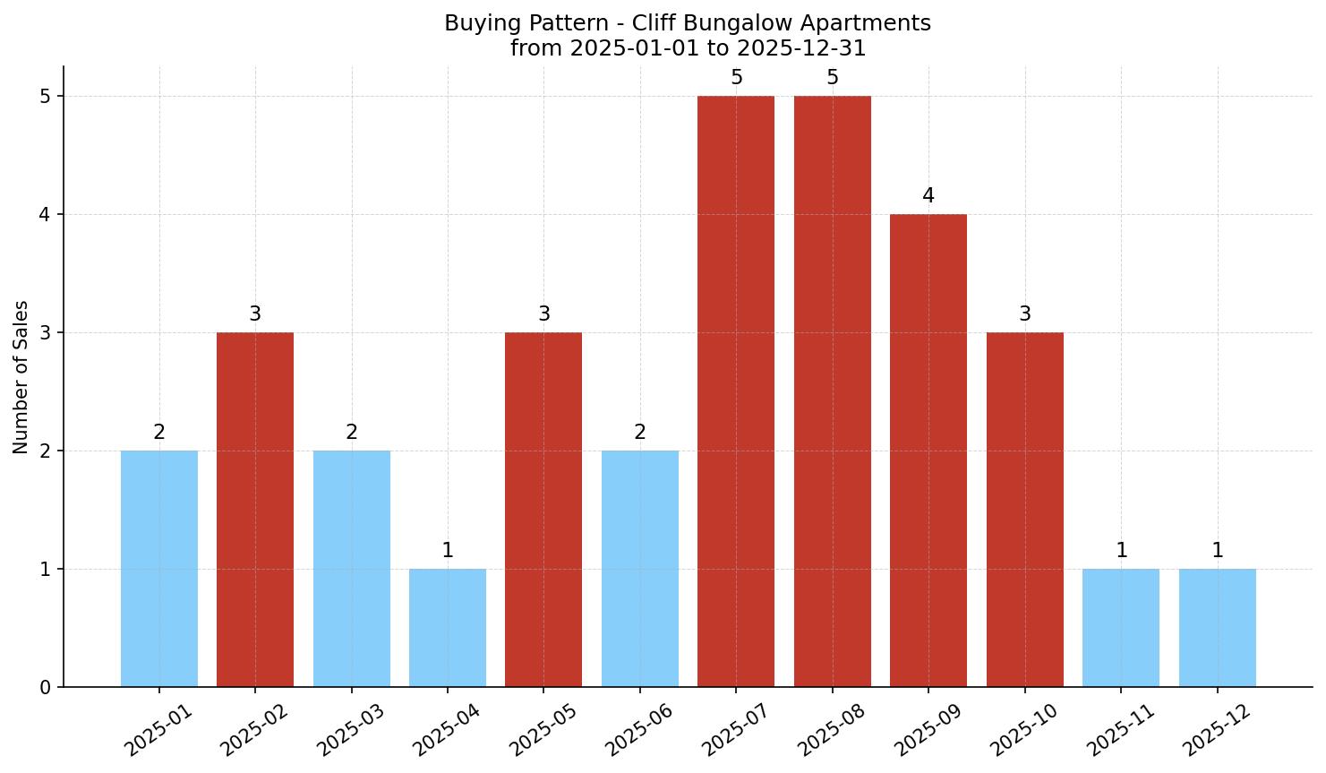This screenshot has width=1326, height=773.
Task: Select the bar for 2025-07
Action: click(736, 391)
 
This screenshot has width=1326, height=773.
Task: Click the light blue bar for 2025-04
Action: click(448, 627)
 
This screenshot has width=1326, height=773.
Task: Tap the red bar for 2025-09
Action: click(928, 450)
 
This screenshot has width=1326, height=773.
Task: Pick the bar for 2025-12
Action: click(1217, 627)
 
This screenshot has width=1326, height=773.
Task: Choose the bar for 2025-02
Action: click(255, 509)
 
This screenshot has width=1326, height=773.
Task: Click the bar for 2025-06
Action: click(640, 568)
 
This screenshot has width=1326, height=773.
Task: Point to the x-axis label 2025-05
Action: click(542, 729)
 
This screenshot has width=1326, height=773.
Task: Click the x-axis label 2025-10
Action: click(1022, 729)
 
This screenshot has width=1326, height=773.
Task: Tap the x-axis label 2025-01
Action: click(158, 729)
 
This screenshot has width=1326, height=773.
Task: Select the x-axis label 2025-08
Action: click(830, 729)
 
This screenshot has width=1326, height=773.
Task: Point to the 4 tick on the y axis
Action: click(46, 215)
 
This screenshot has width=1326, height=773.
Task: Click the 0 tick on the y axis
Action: click(46, 688)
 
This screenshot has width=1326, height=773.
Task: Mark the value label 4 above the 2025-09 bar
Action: click(928, 196)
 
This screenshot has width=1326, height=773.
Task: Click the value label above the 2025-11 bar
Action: click(1121, 551)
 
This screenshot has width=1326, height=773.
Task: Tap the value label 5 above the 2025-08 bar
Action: click(833, 78)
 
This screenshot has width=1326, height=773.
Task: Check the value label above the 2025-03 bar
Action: click(352, 433)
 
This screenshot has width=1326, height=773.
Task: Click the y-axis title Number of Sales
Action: click(21, 377)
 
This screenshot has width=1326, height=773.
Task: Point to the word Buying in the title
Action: click(477, 23)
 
